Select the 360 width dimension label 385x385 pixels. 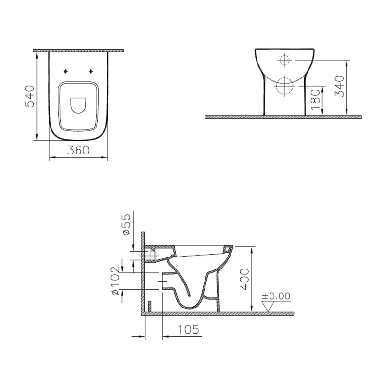pos(78,150)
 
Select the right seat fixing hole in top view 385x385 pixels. pos(90,72)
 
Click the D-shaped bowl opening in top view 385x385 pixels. pos(78,106)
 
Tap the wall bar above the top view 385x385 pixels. pos(78,50)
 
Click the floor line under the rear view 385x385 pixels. pos(284,117)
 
